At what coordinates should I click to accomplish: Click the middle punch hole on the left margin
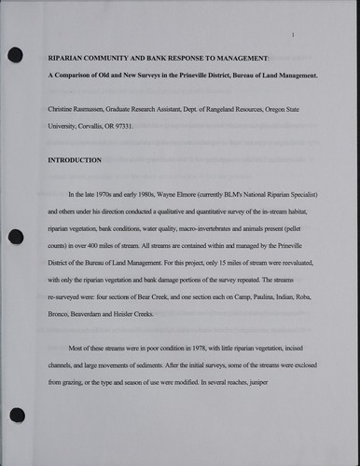(x=14, y=232)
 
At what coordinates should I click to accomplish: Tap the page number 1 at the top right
(x=293, y=35)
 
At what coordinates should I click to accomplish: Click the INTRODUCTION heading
(x=75, y=160)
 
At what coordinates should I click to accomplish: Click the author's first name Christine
(x=64, y=109)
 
